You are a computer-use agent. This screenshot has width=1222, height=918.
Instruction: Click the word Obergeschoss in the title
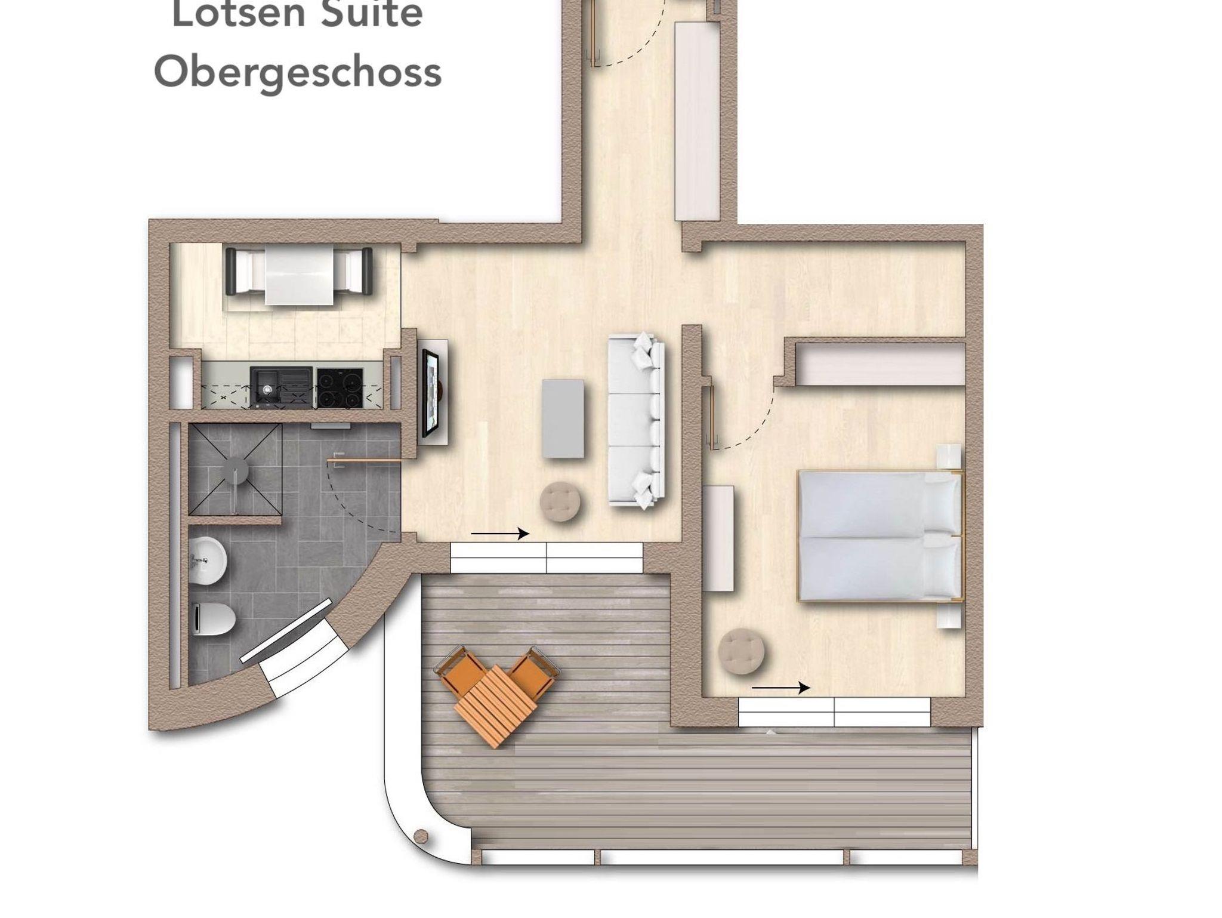[298, 73]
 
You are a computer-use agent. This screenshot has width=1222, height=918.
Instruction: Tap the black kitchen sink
[281, 387]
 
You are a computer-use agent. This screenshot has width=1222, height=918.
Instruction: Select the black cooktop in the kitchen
[340, 387]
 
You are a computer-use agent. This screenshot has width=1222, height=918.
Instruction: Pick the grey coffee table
[563, 418]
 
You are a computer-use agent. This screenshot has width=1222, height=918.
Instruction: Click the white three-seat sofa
[636, 421]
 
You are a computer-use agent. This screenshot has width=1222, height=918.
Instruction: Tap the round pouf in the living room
[560, 502]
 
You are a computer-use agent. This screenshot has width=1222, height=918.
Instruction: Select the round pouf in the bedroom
[742, 652]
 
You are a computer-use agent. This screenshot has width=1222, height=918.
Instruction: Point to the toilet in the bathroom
[215, 619]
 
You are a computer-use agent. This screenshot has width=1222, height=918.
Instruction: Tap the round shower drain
[237, 469]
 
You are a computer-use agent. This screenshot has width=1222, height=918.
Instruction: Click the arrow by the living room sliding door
[500, 534]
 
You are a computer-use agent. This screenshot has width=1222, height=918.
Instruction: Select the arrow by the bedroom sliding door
[780, 688]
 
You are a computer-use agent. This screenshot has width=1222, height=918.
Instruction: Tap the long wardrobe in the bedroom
[881, 363]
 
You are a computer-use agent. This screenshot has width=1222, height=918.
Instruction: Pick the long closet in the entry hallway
[696, 121]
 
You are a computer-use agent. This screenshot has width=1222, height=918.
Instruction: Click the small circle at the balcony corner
[421, 835]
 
